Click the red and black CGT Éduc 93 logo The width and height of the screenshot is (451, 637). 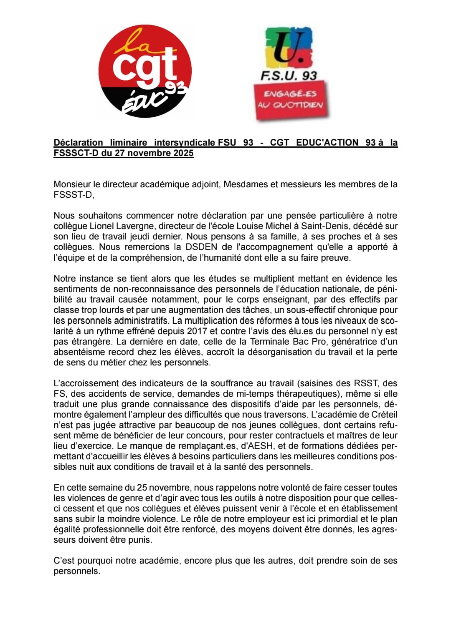coord(145,72)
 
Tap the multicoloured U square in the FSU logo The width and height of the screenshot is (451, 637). coord(289,47)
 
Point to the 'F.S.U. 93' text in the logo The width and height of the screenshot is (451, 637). coord(289,76)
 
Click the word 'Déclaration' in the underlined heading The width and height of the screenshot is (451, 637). coord(78,143)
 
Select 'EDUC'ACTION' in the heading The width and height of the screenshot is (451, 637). coord(327,143)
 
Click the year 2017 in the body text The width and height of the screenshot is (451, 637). coord(197,331)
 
